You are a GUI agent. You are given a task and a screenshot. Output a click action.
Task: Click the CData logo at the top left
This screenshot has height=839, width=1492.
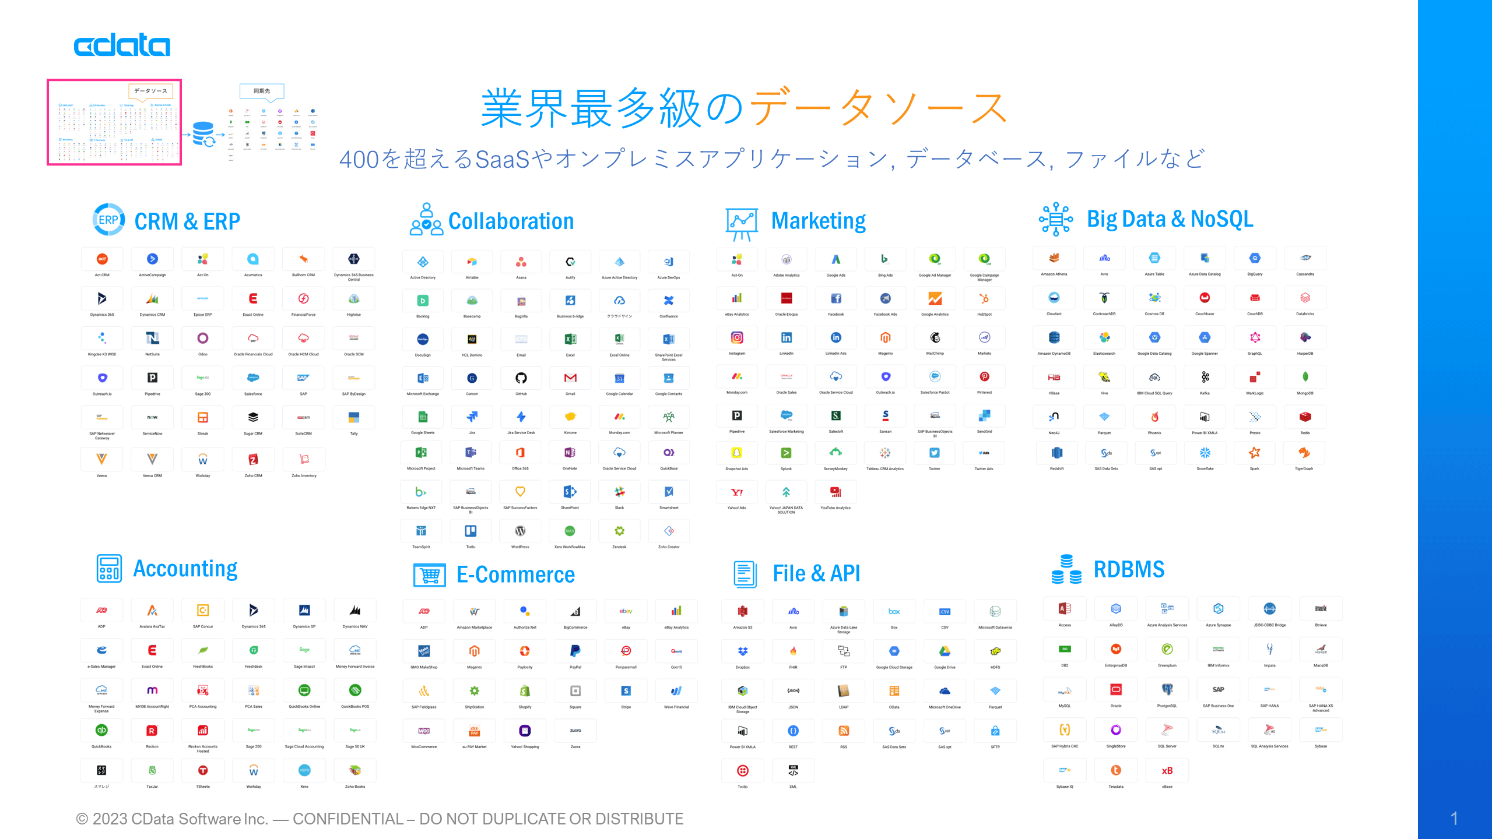tap(122, 45)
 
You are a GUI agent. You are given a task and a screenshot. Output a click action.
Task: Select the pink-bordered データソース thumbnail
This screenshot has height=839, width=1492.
tap(114, 122)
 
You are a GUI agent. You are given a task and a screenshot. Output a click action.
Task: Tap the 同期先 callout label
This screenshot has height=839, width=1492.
tap(262, 91)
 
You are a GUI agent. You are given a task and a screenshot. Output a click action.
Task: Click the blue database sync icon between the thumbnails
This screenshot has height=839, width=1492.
tap(204, 135)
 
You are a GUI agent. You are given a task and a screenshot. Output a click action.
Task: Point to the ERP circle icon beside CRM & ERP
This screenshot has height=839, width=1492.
tap(108, 220)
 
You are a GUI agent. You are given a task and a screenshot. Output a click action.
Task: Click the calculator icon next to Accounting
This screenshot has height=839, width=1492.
tap(109, 569)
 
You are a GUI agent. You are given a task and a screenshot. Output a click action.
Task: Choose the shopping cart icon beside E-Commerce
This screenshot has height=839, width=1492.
tap(430, 574)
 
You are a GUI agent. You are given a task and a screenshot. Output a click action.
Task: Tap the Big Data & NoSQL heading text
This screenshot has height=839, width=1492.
tap(1170, 220)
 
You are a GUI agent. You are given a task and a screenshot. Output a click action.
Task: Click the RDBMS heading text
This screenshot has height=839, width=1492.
tap(1129, 569)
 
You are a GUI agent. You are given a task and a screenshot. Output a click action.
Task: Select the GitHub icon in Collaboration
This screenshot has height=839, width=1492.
tap(521, 378)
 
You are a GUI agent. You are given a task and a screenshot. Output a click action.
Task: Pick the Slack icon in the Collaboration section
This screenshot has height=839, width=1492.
tap(619, 492)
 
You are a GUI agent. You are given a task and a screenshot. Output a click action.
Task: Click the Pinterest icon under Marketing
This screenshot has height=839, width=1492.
tap(984, 377)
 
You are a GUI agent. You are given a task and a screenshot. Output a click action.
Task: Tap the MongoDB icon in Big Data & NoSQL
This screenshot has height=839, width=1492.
tap(1305, 377)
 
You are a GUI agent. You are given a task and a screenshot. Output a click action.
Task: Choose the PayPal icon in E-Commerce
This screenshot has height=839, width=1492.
tap(575, 651)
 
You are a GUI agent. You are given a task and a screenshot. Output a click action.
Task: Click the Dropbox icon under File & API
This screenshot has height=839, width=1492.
tap(742, 651)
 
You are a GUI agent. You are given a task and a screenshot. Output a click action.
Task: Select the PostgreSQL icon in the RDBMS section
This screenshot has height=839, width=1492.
tap(1167, 690)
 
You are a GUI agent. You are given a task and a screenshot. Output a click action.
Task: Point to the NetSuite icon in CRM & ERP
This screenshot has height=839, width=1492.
tap(152, 338)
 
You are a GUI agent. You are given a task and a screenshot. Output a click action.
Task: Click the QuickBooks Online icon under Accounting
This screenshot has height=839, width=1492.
tap(304, 690)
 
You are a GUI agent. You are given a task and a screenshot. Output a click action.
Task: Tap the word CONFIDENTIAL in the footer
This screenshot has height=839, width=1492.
tap(348, 819)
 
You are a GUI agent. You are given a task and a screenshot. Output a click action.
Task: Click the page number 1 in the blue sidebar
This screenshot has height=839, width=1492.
tap(1454, 818)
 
